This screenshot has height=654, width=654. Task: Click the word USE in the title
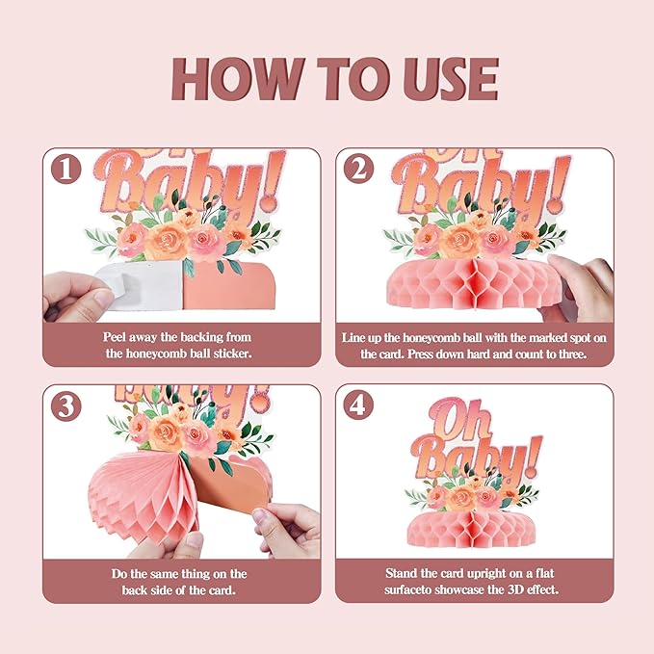452,79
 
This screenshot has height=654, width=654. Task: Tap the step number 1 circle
65,170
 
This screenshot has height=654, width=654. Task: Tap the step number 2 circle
358,170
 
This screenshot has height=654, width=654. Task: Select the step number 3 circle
65,406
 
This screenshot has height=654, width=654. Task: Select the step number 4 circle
358,405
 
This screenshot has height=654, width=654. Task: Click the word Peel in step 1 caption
114,337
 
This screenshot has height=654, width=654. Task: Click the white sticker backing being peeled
140,285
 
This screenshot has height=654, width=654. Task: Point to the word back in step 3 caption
134,590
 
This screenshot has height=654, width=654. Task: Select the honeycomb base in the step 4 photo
472,529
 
